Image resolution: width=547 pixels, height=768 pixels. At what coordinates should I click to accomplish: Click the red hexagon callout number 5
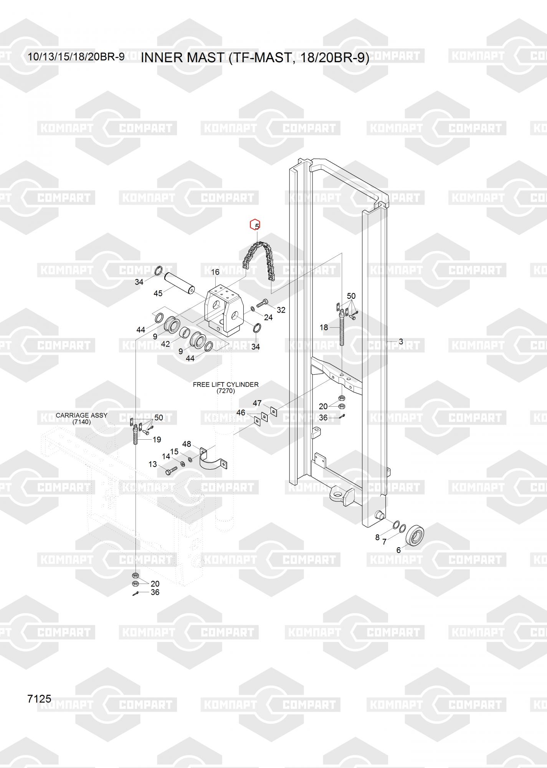coord(255,225)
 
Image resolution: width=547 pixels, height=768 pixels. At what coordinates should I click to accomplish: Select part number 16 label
coord(215,272)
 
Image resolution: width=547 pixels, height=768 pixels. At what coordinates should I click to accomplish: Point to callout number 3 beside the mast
coord(401,341)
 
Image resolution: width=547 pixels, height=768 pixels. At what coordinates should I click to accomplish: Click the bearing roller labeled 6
coord(416,535)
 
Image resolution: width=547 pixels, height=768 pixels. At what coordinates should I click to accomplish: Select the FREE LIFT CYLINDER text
coord(226,384)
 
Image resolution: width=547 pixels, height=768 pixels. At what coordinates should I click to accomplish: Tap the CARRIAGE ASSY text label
coord(81,415)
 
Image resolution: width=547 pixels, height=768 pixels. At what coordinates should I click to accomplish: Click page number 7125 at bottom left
coord(40,698)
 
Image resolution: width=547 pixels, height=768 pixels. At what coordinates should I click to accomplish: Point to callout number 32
coord(281,310)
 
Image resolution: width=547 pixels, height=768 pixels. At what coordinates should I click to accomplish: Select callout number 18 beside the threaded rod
coord(324,328)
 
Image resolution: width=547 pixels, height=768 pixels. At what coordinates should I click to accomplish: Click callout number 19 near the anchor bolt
coord(157,440)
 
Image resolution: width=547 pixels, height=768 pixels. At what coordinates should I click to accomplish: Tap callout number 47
coord(257,403)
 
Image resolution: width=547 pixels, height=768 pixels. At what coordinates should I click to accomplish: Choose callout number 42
coord(165,344)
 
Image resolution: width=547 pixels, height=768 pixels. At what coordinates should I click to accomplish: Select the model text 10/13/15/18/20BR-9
coord(76,57)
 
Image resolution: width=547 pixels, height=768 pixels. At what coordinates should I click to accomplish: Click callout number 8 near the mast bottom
coord(377,538)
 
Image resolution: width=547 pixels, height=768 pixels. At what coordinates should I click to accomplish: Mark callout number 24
coord(268,317)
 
